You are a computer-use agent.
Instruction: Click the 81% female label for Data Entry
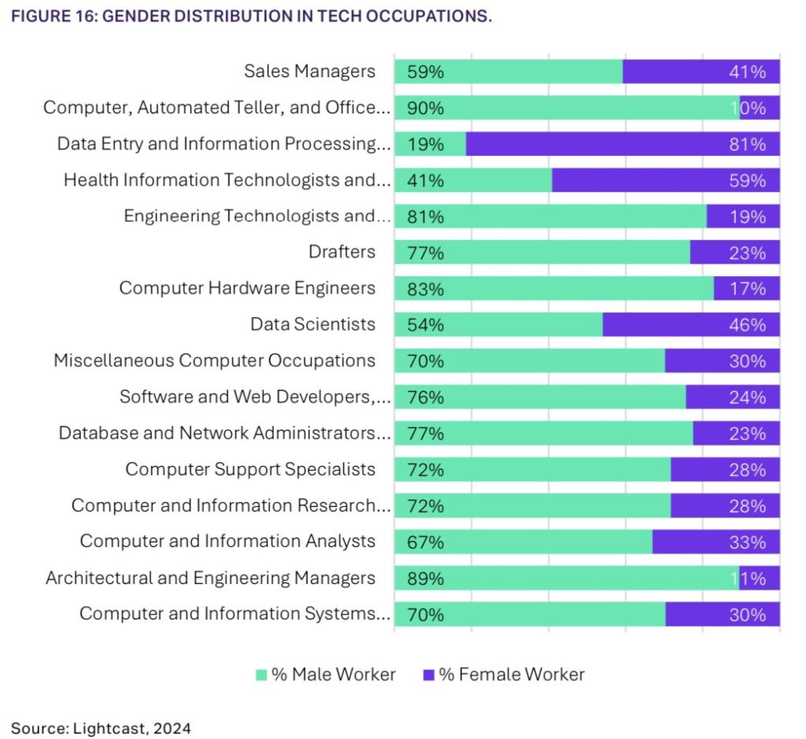[x=747, y=144]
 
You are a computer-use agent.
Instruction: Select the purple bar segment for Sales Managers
[x=701, y=72]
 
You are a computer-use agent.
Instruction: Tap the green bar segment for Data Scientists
[x=498, y=325]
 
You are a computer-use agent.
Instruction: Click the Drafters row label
[x=342, y=252]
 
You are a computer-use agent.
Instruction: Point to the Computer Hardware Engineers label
[x=247, y=288]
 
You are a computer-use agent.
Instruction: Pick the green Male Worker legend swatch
[x=261, y=674]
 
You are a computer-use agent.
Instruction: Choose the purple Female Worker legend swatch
[x=429, y=674]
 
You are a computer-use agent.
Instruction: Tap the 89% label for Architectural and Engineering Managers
[x=425, y=578]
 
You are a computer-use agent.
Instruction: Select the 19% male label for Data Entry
[x=425, y=144]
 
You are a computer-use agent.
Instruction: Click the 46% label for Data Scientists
[x=747, y=325]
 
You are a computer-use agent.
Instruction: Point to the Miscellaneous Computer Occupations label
[x=214, y=360]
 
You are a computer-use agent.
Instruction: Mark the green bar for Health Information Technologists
[x=473, y=180]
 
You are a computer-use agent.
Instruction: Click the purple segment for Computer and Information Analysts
[x=716, y=542]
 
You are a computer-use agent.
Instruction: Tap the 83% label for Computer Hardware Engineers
[x=425, y=289]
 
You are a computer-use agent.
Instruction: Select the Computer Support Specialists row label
[x=250, y=470]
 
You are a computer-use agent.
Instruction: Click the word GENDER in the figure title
[x=135, y=16]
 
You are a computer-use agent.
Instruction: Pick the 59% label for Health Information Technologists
[x=747, y=180]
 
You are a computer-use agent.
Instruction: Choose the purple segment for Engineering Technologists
[x=743, y=216]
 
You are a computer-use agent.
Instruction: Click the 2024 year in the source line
[x=172, y=728]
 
